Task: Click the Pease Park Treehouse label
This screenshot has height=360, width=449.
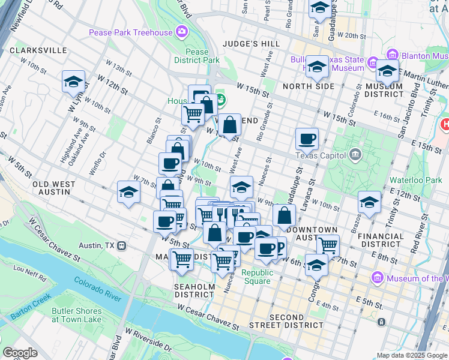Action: pyautogui.click(x=130, y=32)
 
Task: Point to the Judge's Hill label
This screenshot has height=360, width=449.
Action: pyautogui.click(x=251, y=44)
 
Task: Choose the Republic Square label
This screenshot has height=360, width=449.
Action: pyautogui.click(x=258, y=277)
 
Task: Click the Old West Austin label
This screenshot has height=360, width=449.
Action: pyautogui.click(x=54, y=188)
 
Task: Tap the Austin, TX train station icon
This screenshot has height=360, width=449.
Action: pyautogui.click(x=121, y=245)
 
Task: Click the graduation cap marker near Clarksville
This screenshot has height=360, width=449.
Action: pyautogui.click(x=73, y=82)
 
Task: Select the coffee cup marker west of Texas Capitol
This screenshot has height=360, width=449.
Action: pyautogui.click(x=307, y=139)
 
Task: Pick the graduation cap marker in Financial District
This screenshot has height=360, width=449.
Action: pyautogui.click(x=369, y=202)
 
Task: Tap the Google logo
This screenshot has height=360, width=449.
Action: pyautogui.click(x=20, y=353)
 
